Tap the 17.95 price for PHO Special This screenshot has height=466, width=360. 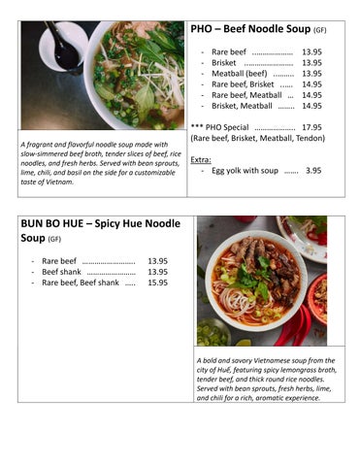click(311, 127)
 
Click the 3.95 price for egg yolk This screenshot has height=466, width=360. click(313, 170)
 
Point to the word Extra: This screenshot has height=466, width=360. click(201, 158)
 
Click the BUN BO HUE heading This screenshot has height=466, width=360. click(100, 224)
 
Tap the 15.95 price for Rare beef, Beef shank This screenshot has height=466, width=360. click(156, 283)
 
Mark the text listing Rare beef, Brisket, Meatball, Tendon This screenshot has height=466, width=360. click(256, 139)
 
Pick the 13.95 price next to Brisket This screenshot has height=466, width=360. click(311, 62)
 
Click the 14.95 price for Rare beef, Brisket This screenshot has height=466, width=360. click(311, 84)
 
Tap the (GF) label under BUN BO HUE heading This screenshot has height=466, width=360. click(54, 239)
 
